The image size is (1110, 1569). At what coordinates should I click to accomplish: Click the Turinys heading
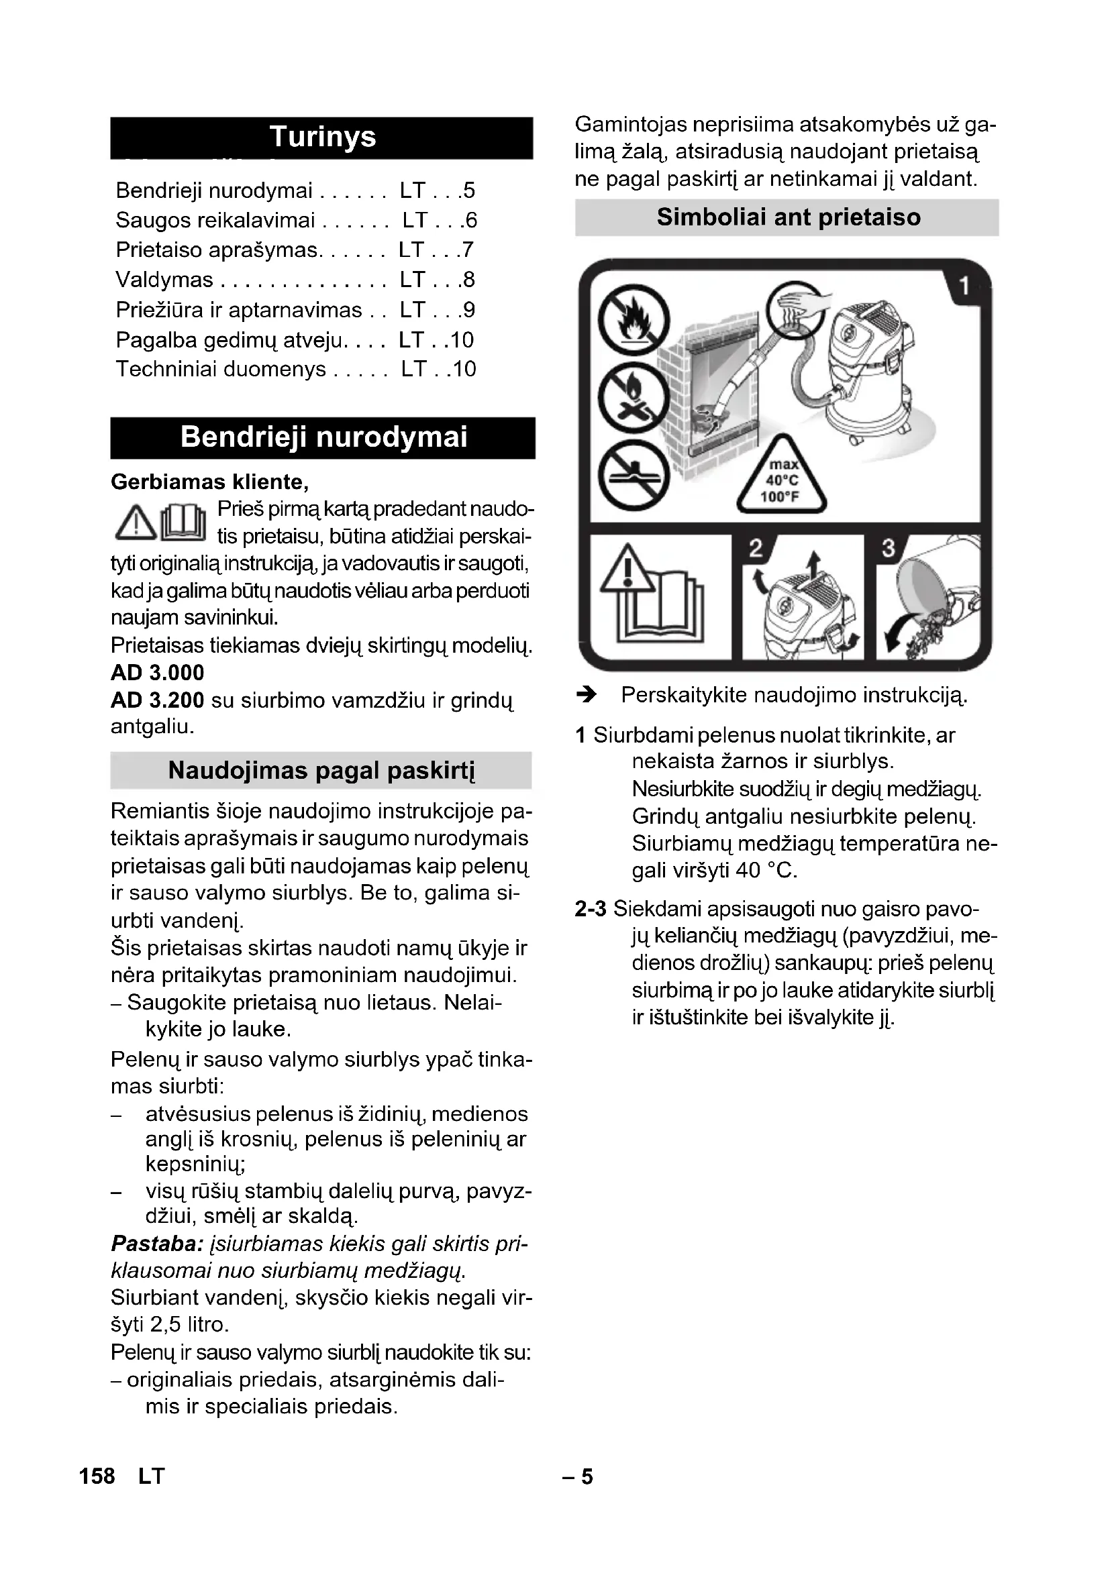322,138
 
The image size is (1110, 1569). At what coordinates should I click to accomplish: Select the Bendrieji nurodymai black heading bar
323,437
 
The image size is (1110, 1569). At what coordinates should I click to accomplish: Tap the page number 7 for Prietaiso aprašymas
468,250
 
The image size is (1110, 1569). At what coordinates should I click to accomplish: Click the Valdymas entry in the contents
164,280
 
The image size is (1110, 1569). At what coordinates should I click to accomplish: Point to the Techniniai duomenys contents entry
221,370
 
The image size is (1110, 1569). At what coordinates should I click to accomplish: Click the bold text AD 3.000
157,673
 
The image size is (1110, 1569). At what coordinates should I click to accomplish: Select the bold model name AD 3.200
157,700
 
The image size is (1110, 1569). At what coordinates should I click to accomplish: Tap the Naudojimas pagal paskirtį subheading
321,771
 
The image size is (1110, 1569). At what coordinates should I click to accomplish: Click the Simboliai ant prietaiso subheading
787,217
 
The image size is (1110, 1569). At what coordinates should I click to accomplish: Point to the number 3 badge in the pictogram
889,548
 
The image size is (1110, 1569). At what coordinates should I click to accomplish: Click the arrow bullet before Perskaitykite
587,696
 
